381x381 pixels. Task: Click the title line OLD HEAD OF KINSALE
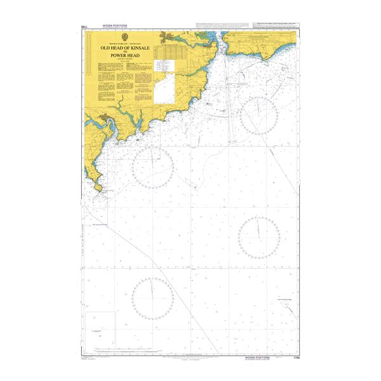(x=124, y=47)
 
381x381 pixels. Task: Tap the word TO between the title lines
(x=124, y=51)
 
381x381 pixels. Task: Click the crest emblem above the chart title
(x=124, y=37)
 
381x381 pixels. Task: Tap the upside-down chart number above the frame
(x=85, y=27)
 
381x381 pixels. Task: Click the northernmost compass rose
(x=259, y=116)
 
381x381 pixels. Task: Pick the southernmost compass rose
(x=153, y=298)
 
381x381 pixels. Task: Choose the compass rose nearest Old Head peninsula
(x=152, y=167)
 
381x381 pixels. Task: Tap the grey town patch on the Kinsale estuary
(x=104, y=118)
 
